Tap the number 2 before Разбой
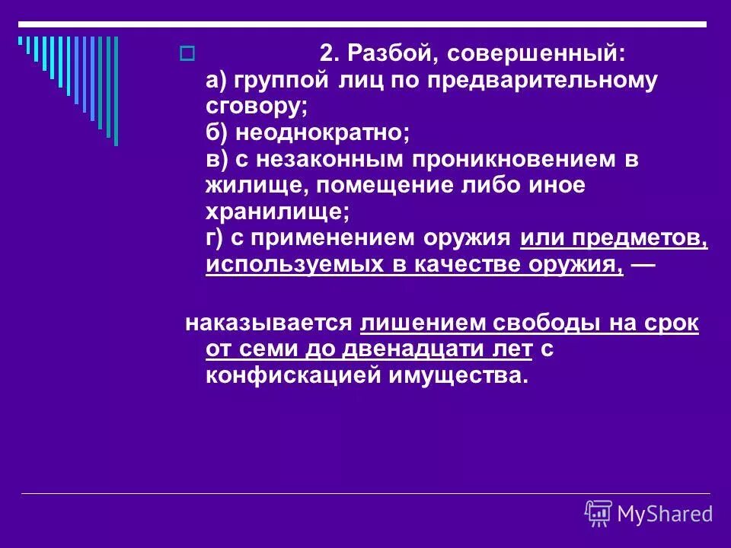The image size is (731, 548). [x=325, y=54]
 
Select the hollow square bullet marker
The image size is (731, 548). [x=186, y=54]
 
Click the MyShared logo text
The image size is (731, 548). [x=664, y=515]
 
